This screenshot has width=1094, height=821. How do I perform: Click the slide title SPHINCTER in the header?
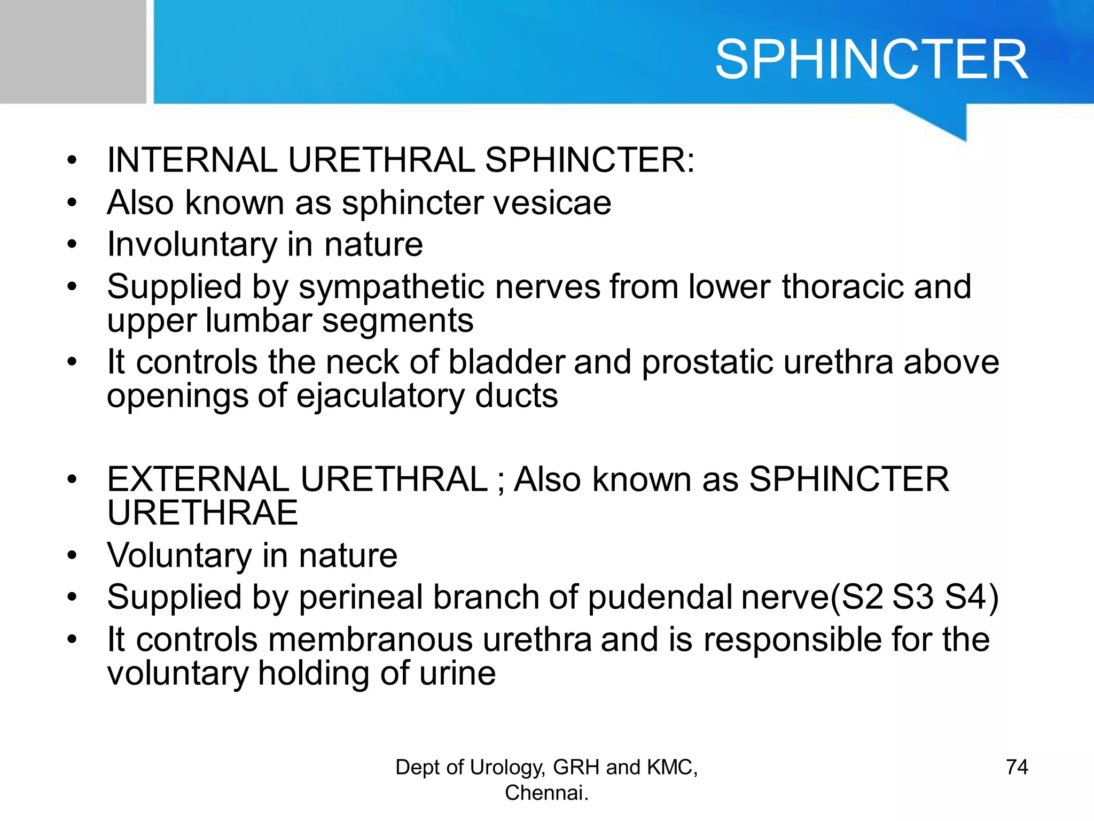[x=871, y=60]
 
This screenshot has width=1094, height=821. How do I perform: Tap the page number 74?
[x=1017, y=767]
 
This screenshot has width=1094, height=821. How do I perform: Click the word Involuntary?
[x=192, y=245]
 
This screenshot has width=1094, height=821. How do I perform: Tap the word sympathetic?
[x=396, y=287]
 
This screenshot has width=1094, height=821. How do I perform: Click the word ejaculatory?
[x=380, y=397]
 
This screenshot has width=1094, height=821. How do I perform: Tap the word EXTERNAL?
[x=198, y=479]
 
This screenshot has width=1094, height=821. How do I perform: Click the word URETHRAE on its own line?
[x=202, y=513]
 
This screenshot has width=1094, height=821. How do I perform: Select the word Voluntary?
[x=179, y=556]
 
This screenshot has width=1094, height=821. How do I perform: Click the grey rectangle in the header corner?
[x=73, y=51]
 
